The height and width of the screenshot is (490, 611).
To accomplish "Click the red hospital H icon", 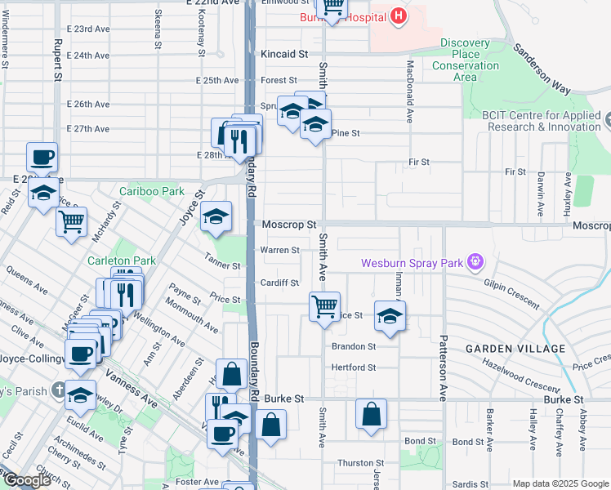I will point(398,16).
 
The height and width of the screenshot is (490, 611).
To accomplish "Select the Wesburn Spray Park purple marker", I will point(473,263).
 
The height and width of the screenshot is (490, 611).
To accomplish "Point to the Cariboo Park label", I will point(151,191).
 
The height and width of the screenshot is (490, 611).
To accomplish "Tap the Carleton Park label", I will point(122,261).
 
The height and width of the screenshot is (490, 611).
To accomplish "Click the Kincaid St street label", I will point(284,54).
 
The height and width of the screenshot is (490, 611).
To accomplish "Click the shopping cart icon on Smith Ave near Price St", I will point(324,307).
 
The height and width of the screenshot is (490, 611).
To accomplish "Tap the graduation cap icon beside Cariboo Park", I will point(216,217).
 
